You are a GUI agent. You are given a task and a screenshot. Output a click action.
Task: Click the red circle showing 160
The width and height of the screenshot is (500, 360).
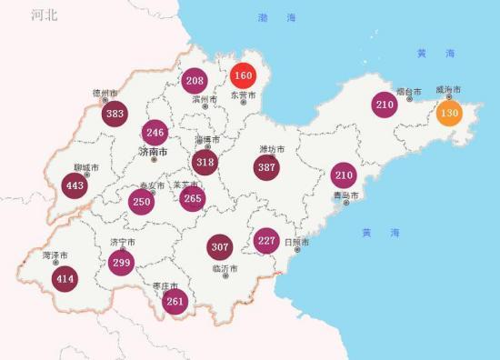(243, 75)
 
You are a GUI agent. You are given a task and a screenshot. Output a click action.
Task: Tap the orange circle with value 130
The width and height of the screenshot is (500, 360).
(448, 115)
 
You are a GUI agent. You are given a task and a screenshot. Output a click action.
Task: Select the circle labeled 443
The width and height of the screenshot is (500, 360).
(75, 186)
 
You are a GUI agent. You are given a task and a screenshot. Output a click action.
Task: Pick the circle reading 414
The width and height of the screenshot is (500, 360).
(64, 279)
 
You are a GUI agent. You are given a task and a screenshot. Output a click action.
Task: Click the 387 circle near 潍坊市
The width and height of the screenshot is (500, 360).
(266, 168)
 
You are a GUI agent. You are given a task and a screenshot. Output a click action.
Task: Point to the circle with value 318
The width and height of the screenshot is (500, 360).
(205, 163)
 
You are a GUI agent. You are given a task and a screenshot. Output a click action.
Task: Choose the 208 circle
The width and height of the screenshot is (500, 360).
(195, 81)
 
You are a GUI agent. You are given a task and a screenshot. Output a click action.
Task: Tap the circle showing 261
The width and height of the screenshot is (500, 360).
(175, 302)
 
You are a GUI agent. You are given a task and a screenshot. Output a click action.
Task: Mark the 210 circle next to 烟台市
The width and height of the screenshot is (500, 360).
(385, 105)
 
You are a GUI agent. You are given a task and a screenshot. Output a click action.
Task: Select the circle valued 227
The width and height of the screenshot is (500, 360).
(266, 241)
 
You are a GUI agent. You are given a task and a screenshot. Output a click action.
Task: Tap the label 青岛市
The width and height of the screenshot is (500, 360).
(345, 195)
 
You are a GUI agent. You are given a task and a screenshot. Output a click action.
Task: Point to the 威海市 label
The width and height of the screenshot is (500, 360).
(448, 89)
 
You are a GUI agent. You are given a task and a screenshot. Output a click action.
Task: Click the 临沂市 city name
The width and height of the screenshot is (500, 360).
(225, 268)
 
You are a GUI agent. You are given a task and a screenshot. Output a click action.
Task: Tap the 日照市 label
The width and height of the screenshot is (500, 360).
(296, 243)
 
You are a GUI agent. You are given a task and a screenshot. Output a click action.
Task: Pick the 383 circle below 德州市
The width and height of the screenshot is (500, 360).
(115, 115)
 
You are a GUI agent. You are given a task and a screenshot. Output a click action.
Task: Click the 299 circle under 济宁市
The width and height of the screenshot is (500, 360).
(122, 263)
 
